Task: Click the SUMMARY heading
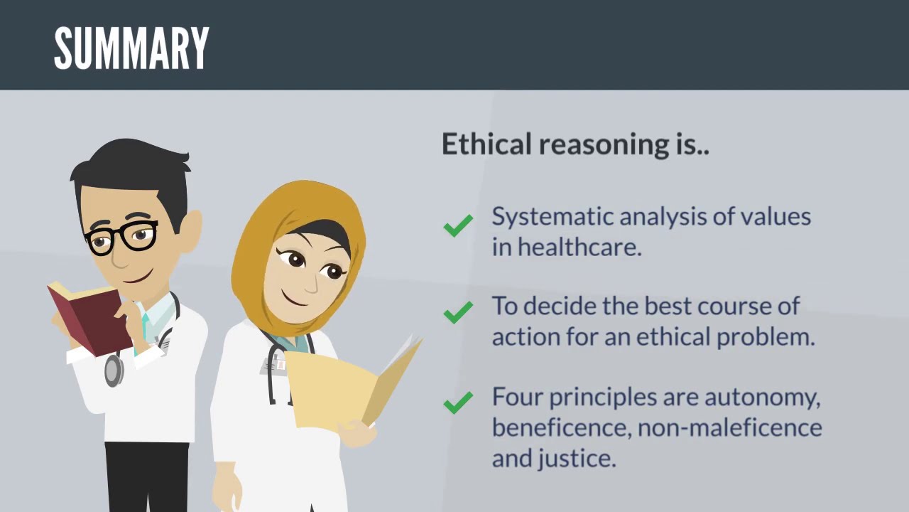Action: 131,48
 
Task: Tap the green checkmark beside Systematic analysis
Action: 458,226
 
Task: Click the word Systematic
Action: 552,217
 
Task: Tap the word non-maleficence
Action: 729,427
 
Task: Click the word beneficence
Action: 560,427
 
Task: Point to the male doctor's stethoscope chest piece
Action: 114,370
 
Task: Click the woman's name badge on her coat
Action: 273,366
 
